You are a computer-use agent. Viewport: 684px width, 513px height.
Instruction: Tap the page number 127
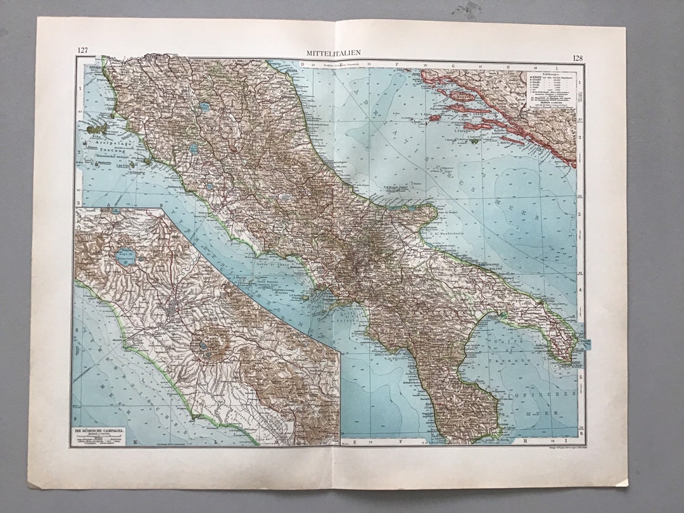click(82, 51)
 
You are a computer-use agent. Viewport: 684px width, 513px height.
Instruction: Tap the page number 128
click(577, 58)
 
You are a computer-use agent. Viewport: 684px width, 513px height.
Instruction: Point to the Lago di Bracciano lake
click(127, 256)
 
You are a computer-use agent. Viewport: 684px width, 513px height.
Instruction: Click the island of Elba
click(99, 129)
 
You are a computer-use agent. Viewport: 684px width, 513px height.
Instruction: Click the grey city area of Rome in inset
click(173, 311)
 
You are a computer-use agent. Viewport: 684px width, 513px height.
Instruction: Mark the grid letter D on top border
click(302, 64)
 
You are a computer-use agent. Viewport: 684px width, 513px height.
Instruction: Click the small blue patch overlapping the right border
click(586, 344)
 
